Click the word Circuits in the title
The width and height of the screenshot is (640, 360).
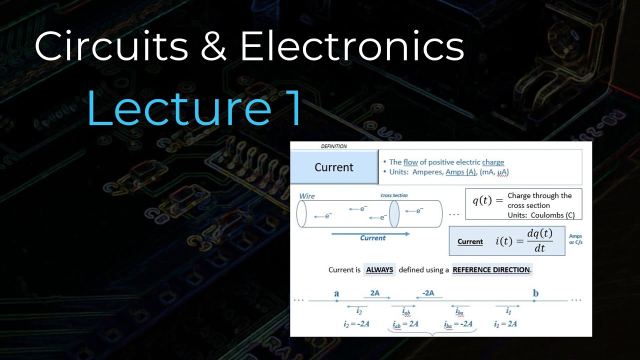[111, 46]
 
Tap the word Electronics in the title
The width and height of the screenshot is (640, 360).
[352, 46]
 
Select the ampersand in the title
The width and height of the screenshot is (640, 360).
[214, 46]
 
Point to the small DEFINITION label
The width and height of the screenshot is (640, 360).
[333, 146]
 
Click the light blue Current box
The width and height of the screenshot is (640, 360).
[334, 167]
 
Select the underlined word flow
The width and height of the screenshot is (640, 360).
[410, 162]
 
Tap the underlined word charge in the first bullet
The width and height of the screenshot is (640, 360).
[493, 162]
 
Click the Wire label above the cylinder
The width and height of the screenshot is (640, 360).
[307, 196]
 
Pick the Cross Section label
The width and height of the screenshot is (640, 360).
[394, 195]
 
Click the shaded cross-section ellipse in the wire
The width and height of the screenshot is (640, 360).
[394, 214]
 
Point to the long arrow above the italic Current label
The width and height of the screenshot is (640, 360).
[370, 233]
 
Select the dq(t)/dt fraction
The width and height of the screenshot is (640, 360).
[539, 240]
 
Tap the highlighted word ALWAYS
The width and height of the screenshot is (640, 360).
[379, 270]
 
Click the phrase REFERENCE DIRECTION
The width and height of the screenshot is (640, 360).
[491, 270]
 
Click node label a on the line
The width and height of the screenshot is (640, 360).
[336, 293]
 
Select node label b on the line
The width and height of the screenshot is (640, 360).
[535, 293]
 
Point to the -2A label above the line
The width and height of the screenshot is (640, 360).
[428, 293]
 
